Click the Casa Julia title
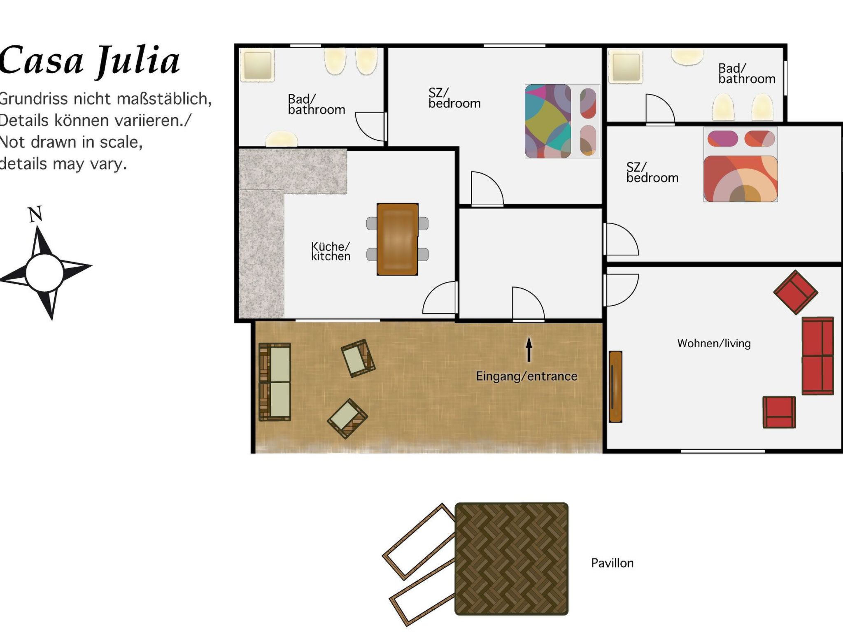coord(90,61)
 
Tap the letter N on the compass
coord(35,214)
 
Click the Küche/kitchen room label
coord(331,251)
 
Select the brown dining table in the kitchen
coord(397,239)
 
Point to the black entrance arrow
coord(529,350)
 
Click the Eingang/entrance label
coord(526,376)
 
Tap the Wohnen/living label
coord(714,343)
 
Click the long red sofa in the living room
coord(817,356)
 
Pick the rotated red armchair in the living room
coord(795,292)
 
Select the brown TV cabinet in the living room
coord(615,386)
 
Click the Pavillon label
coord(612,563)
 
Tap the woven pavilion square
coord(511,559)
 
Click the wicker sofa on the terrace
coord(275,382)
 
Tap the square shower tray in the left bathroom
coord(257,65)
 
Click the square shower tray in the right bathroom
coord(625,66)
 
